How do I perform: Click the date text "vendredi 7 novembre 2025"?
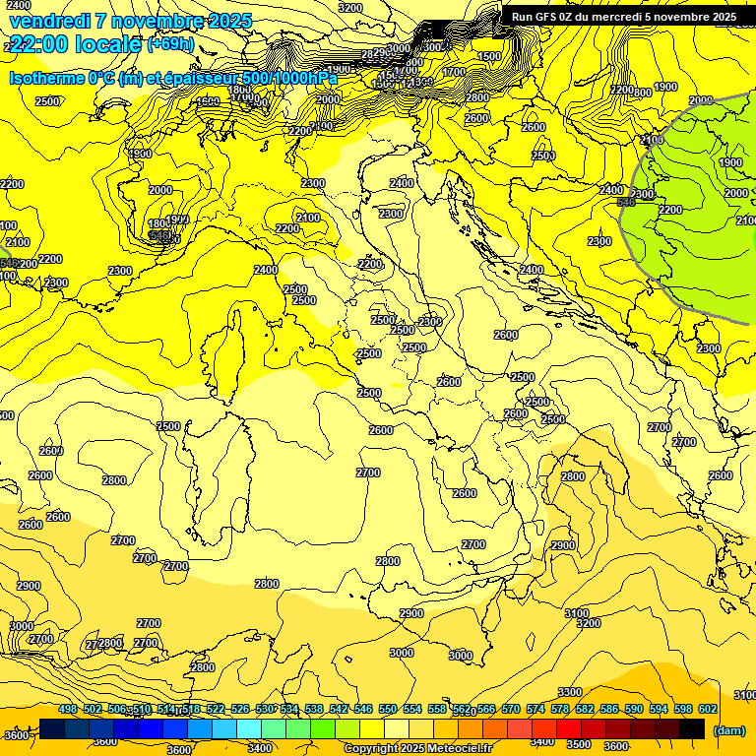130,21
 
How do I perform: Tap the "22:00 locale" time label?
75,43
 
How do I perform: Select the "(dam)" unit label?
728,729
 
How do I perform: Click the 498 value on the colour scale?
68,709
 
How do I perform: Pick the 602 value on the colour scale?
708,709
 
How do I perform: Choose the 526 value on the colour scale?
240,709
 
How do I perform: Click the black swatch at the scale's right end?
692,728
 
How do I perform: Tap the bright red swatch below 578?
570,728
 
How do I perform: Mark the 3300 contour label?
569,692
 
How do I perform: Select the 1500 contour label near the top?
488,56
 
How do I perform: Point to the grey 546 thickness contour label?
626,202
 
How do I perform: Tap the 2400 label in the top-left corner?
18,5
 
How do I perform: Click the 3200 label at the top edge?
349,7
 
